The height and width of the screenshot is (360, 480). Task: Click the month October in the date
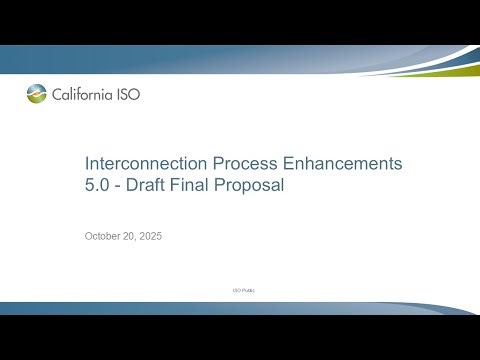click(x=105, y=237)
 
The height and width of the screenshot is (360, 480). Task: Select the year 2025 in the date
click(x=153, y=237)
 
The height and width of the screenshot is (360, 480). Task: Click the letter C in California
click(x=58, y=95)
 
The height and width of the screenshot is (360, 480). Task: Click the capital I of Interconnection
click(x=87, y=163)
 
